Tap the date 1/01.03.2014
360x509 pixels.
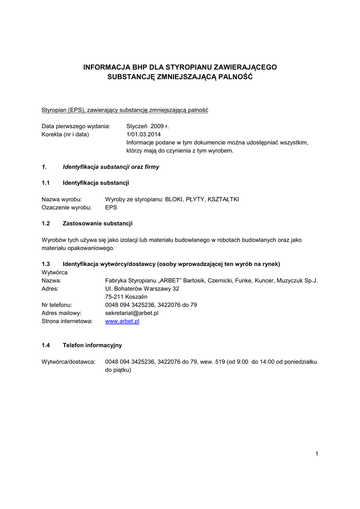(x=144, y=134)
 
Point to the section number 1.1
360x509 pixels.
(x=46, y=183)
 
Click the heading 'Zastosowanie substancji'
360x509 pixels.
(x=97, y=223)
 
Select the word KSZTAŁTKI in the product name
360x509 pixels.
(x=224, y=199)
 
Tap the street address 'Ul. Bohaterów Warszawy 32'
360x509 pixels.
(x=142, y=288)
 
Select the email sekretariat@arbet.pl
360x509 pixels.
(x=132, y=313)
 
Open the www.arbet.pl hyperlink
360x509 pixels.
(x=122, y=322)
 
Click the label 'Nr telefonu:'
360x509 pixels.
(x=57, y=305)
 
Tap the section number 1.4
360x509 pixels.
(x=46, y=345)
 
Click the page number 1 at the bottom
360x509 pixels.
(x=316, y=453)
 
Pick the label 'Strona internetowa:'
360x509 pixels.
(x=67, y=322)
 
